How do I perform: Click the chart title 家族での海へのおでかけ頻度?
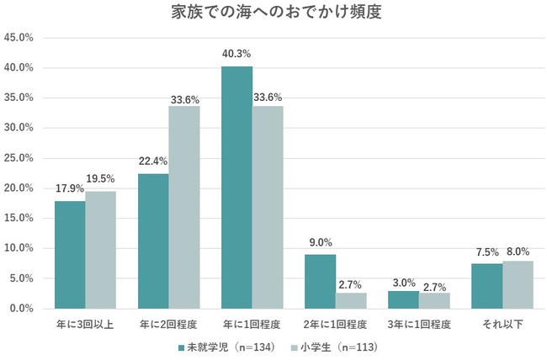tap(273, 14)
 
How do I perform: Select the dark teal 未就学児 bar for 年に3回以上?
tap(70, 255)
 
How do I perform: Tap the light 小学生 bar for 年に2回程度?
tap(184, 208)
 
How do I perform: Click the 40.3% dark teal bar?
tap(236, 188)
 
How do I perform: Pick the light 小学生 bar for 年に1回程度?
tap(268, 208)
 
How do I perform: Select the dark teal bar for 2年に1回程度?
tap(321, 282)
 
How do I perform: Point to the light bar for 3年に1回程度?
tap(435, 300)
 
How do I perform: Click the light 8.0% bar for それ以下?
tap(518, 284)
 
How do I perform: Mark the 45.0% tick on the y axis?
tap(19, 38)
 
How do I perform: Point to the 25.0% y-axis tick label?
tap(19, 158)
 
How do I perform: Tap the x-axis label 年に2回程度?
tap(168, 323)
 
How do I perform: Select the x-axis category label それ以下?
tap(502, 323)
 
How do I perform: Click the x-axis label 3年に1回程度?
tap(419, 323)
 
